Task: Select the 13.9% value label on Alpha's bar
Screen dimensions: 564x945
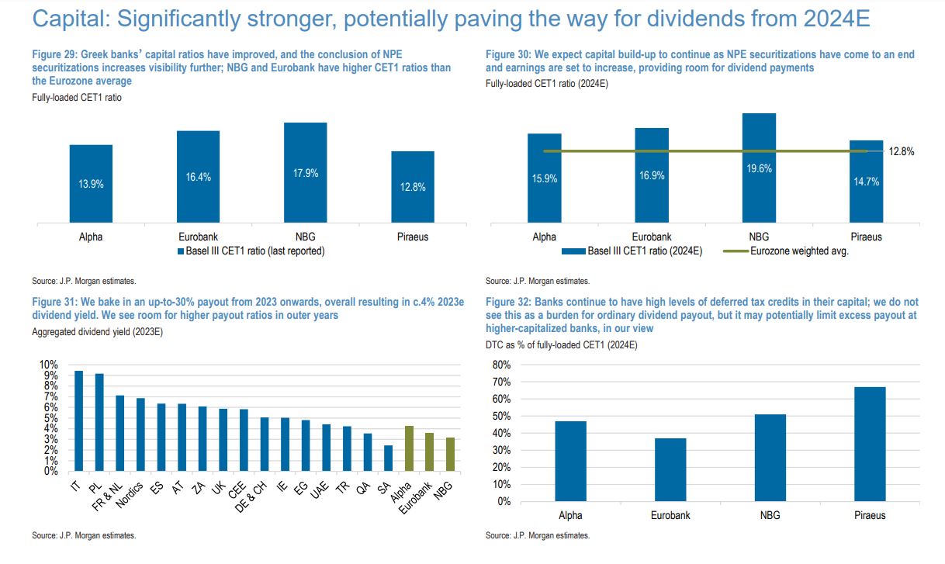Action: [91, 184]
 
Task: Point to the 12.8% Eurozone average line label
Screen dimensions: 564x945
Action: [902, 152]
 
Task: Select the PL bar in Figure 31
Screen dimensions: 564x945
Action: [99, 422]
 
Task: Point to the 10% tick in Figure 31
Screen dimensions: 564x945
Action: [48, 365]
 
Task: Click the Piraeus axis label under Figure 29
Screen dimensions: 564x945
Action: [412, 237]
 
